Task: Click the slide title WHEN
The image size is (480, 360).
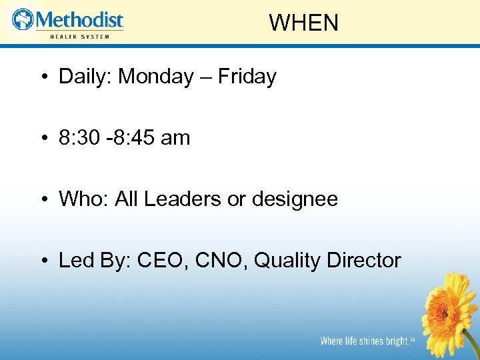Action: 304,23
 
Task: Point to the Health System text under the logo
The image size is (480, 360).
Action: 79,36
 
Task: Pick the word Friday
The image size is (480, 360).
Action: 247,77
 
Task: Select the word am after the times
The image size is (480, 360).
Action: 175,138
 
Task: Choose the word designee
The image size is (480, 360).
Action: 295,199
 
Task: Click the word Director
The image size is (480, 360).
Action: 364,261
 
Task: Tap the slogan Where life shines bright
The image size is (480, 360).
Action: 364,341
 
